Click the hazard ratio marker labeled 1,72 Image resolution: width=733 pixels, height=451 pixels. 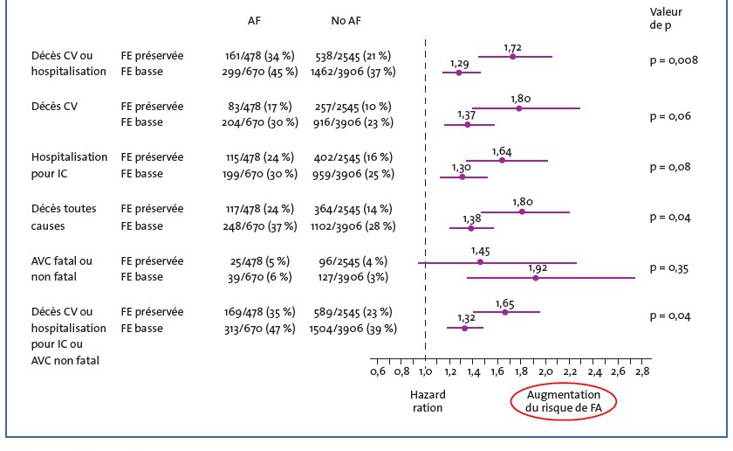(512, 56)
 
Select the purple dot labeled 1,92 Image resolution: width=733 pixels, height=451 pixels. (535, 277)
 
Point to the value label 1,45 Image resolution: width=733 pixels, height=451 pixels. (480, 250)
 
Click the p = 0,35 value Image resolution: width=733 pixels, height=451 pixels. (669, 267)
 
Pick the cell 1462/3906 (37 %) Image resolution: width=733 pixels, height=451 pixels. (353, 72)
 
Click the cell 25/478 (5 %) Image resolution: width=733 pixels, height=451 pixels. (260, 260)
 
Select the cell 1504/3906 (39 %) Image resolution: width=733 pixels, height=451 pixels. (353, 328)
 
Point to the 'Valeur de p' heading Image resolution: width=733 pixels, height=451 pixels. (668, 18)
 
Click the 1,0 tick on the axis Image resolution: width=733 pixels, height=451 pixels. (425, 371)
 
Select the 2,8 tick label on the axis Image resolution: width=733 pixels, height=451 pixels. (641, 371)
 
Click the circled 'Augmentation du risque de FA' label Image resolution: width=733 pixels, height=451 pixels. (563, 401)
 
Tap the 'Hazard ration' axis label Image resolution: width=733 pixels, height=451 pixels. (428, 401)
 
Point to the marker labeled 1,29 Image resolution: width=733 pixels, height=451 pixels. (459, 72)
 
